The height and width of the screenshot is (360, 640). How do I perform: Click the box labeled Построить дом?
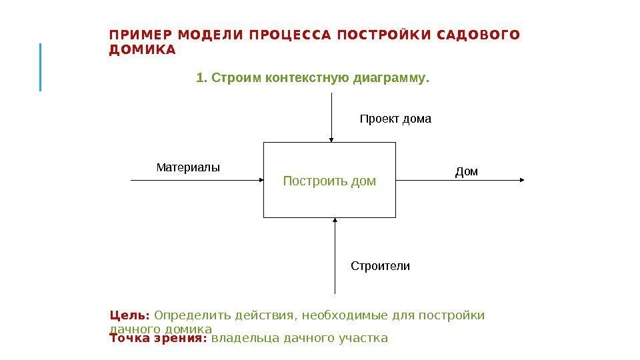[329, 180]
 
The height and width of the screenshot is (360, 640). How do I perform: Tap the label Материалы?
[187, 167]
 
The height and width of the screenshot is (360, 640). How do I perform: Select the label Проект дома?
[395, 119]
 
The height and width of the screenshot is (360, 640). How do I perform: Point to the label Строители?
[380, 266]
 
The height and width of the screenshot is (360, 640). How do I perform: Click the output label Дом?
[467, 172]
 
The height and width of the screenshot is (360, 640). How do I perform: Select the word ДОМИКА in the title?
[142, 50]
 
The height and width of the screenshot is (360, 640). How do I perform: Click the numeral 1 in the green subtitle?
[199, 78]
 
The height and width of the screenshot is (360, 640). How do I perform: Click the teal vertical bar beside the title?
[41, 67]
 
